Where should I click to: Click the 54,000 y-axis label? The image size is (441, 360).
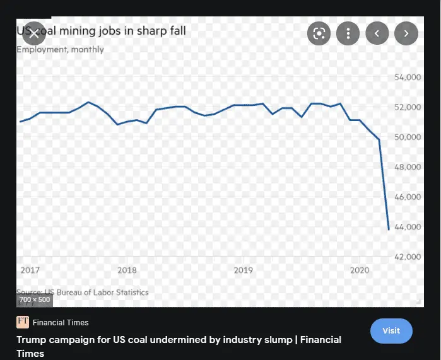click(407, 78)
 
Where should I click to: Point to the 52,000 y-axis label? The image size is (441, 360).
click(407, 107)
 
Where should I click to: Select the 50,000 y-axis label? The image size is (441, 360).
click(407, 137)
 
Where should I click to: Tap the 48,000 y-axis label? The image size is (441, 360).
click(407, 167)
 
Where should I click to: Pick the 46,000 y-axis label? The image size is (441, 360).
click(407, 197)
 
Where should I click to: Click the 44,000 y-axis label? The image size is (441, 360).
click(407, 226)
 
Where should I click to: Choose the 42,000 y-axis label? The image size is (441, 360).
click(407, 257)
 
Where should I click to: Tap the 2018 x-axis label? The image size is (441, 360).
click(127, 270)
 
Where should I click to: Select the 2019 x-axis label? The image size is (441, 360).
click(243, 270)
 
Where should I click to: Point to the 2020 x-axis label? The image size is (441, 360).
click(359, 270)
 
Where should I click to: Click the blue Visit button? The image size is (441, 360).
click(391, 330)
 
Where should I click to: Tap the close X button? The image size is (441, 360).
click(34, 33)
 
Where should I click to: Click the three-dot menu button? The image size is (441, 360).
click(348, 33)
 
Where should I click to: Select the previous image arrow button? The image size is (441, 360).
click(377, 33)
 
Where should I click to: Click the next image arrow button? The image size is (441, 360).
click(406, 33)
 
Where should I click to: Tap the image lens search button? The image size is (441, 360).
click(319, 33)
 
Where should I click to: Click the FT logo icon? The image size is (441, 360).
click(23, 322)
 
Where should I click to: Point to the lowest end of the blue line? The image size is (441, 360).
click(388, 229)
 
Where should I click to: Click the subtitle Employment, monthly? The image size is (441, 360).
click(60, 49)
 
